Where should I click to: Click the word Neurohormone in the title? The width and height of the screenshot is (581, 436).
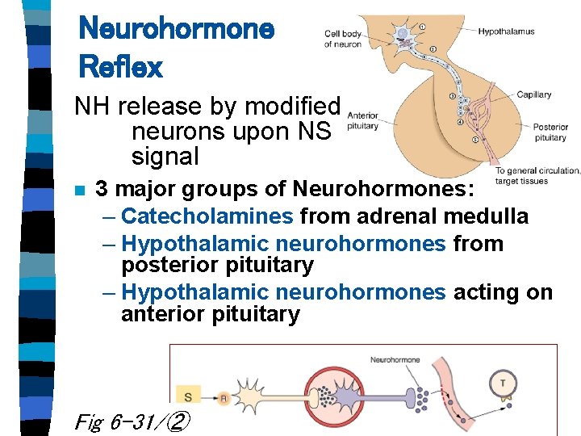(176, 30)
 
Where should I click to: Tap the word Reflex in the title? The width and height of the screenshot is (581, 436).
(120, 66)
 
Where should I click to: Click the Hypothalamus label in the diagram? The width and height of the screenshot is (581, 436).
(506, 32)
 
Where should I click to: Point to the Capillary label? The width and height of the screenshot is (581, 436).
(533, 94)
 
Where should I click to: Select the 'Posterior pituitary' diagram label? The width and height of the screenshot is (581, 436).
(550, 132)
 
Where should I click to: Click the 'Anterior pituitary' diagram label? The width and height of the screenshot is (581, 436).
(362, 121)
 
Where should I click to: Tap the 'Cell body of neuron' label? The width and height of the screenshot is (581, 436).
(343, 39)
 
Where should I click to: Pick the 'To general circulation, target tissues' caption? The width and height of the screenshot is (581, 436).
(537, 175)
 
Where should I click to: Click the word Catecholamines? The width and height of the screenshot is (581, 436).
(207, 216)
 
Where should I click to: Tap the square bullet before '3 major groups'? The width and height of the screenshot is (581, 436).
(79, 191)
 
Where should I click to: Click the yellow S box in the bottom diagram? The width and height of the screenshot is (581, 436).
(188, 396)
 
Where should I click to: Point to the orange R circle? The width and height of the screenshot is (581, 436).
(224, 397)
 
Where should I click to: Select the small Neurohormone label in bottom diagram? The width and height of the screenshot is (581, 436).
(395, 359)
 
